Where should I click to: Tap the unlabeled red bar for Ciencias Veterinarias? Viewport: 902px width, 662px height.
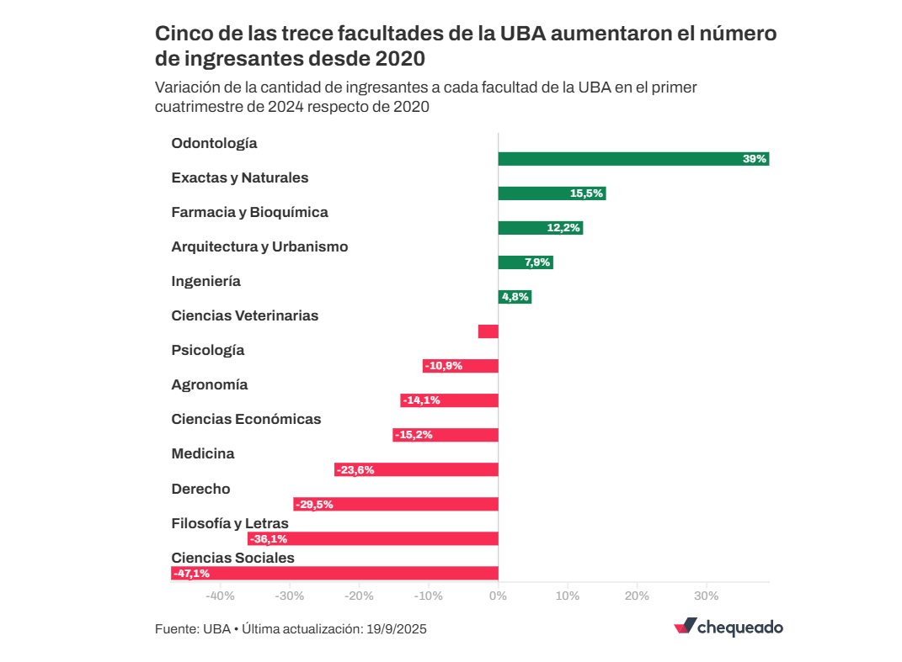click(x=488, y=331)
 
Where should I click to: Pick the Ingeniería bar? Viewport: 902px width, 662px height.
click(x=515, y=297)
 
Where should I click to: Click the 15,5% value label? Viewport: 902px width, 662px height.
click(x=586, y=193)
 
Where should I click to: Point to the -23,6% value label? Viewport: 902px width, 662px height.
click(x=355, y=470)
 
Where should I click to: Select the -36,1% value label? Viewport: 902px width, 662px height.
click(x=268, y=539)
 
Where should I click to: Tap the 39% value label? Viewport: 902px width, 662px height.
click(x=755, y=159)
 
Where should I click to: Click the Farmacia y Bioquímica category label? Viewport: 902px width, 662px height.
click(x=249, y=212)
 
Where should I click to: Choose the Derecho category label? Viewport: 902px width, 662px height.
click(x=200, y=489)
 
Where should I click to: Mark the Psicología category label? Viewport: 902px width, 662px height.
click(x=207, y=350)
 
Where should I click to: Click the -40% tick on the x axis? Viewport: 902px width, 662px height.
click(x=221, y=596)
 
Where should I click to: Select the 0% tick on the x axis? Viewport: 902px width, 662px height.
click(x=498, y=596)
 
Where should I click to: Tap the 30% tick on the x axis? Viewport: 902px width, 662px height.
click(x=706, y=596)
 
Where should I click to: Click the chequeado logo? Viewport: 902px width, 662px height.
click(x=729, y=628)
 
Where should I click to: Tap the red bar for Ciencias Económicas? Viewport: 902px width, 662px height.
click(x=445, y=435)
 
